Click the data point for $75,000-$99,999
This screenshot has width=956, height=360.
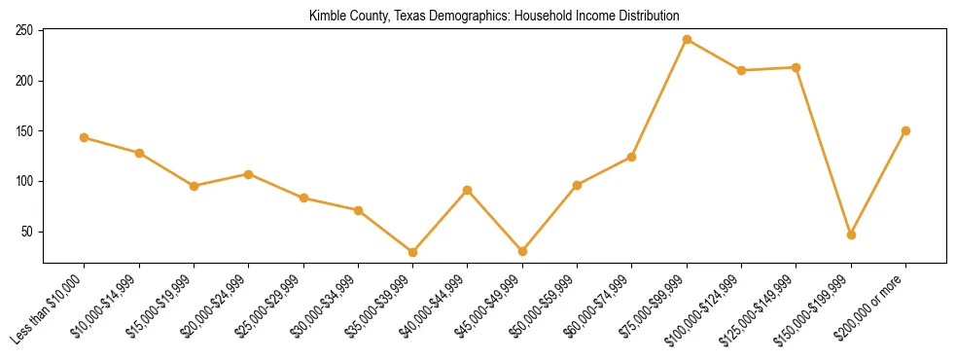pyautogui.click(x=687, y=40)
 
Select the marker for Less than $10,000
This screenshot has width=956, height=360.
pyautogui.click(x=85, y=137)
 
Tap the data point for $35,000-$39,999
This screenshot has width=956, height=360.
pyautogui.click(x=413, y=252)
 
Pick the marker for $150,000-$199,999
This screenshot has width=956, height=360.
pyautogui.click(x=851, y=234)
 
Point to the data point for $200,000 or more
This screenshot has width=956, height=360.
pyautogui.click(x=905, y=130)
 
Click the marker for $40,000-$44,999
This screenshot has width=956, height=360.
pyautogui.click(x=468, y=190)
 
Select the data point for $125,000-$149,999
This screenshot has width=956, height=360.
pyautogui.click(x=797, y=67)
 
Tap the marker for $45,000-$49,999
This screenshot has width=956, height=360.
pyautogui.click(x=522, y=251)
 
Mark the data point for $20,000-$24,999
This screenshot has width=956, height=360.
pyautogui.click(x=249, y=174)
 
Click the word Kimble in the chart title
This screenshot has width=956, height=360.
pyautogui.click(x=327, y=16)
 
